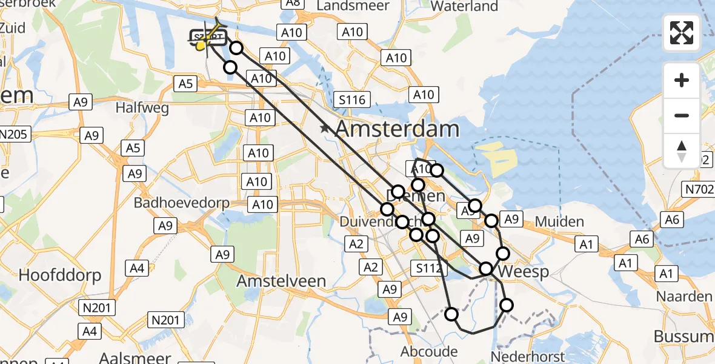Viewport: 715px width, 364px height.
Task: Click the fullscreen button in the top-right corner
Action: click(682, 33)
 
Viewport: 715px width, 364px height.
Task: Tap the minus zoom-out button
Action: click(682, 115)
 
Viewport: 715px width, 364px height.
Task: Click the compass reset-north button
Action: click(682, 151)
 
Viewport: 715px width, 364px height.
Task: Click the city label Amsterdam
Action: click(397, 129)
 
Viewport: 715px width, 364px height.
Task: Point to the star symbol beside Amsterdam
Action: click(325, 129)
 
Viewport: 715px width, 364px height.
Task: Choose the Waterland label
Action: click(464, 6)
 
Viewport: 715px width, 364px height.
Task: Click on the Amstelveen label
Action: click(281, 281)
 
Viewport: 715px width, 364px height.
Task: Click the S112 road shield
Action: click(428, 268)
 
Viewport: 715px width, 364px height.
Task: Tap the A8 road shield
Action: click(293, 3)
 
